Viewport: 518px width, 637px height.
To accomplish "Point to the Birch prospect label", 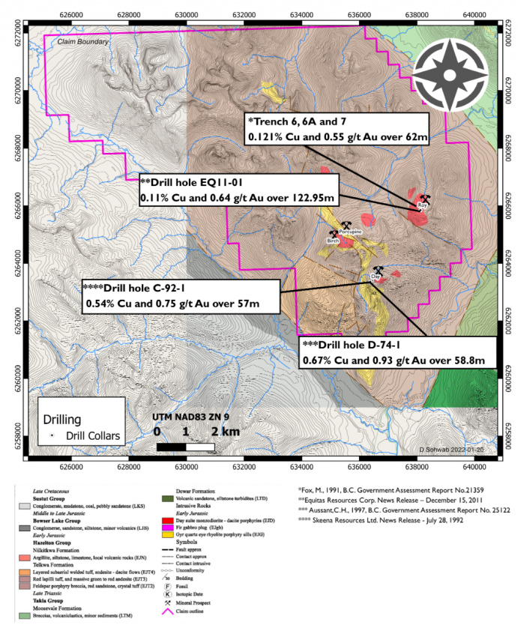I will [x=334, y=242].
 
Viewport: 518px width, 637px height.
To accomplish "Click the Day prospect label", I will [x=376, y=277].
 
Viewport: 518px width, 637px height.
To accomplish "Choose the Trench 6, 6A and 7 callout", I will [x=337, y=129].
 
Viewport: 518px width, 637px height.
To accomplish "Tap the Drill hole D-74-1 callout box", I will [x=397, y=353].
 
